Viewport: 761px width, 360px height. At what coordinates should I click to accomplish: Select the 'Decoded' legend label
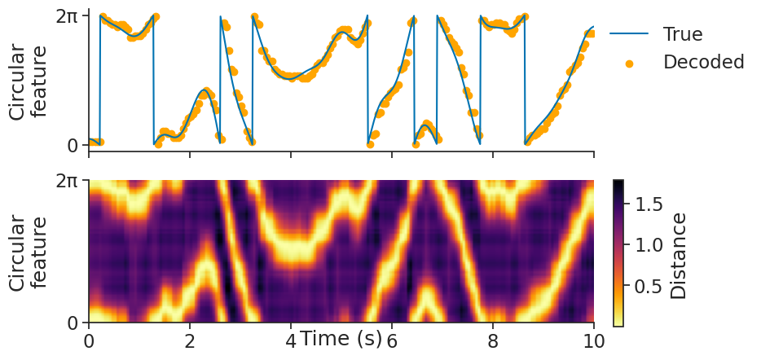click(704, 62)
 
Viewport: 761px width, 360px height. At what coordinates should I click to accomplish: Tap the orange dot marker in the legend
click(629, 63)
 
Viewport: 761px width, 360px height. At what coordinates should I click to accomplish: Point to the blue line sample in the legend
click(629, 34)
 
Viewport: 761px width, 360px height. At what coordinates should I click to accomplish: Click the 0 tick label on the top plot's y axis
click(73, 146)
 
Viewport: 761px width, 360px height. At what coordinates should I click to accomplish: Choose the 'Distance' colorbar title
click(679, 255)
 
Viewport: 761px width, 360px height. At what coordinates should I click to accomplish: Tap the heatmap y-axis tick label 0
click(73, 323)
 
